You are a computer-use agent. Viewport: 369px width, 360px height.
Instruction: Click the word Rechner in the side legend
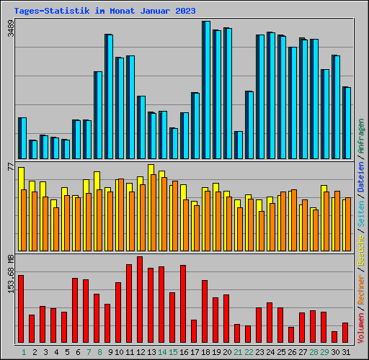click(x=360, y=291)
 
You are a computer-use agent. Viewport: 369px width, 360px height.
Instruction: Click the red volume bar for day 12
click(x=139, y=300)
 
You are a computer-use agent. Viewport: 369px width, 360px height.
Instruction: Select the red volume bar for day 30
click(x=334, y=337)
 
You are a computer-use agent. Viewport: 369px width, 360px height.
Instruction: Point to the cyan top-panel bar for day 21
click(x=239, y=145)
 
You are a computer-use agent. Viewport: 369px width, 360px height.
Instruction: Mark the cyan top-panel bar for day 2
click(x=34, y=149)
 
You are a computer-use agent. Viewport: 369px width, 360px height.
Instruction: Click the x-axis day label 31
click(x=346, y=352)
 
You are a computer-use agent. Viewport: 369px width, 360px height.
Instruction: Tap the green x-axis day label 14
click(x=162, y=352)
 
